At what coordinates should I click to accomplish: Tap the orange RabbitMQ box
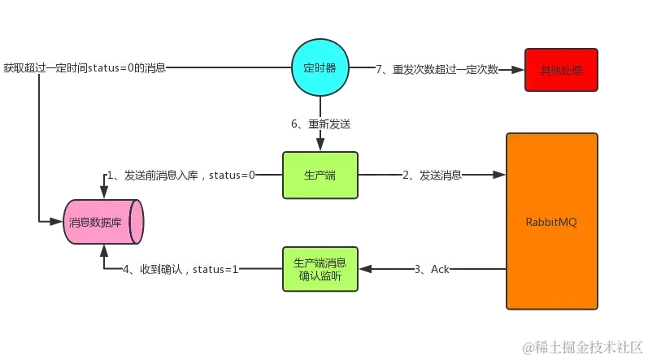551,221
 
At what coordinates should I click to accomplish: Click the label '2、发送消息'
429,175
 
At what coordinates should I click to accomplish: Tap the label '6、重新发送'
320,124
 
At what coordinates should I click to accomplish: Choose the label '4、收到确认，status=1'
178,269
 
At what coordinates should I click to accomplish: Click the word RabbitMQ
551,222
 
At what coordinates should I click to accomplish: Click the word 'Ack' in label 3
441,269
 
